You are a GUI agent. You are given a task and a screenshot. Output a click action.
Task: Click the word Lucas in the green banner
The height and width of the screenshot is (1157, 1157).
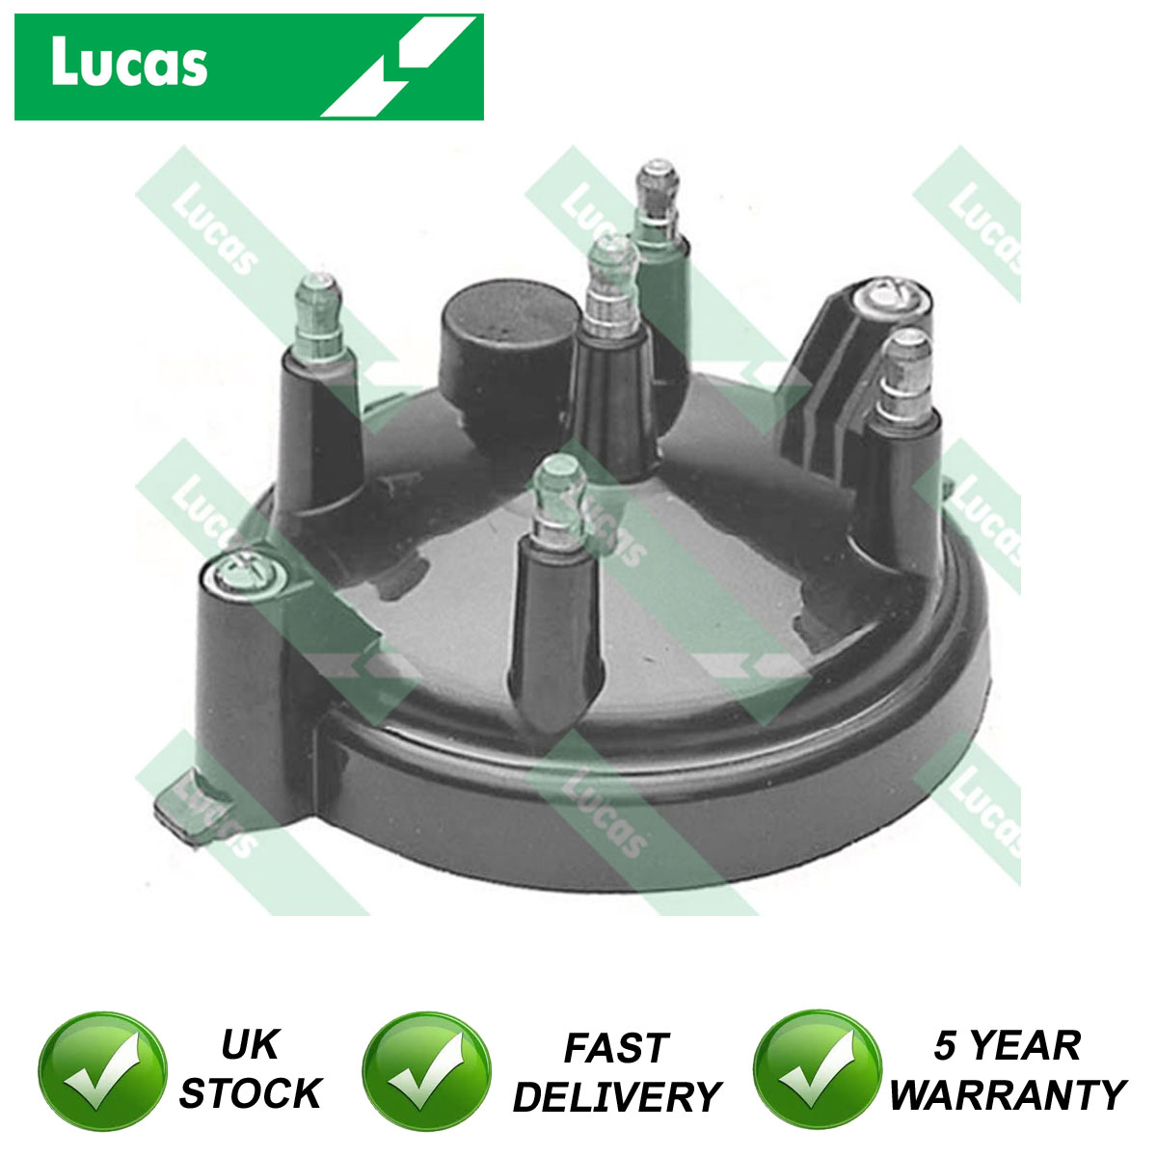[129, 63]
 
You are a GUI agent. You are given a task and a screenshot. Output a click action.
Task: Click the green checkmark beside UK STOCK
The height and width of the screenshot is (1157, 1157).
[102, 1069]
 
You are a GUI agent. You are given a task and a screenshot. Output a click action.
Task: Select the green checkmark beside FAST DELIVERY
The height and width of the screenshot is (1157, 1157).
[427, 1069]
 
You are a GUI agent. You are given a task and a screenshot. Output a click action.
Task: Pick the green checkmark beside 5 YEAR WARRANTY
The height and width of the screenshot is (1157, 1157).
[818, 1069]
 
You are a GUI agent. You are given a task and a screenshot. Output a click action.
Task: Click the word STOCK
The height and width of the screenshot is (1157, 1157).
[251, 1093]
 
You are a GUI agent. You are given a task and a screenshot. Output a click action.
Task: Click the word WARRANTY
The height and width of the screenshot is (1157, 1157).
[1008, 1094]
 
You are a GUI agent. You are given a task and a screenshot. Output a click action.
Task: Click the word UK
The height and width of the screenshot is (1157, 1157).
[250, 1045]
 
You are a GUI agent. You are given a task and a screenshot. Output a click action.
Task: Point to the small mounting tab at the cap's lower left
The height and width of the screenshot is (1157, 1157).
[187, 808]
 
